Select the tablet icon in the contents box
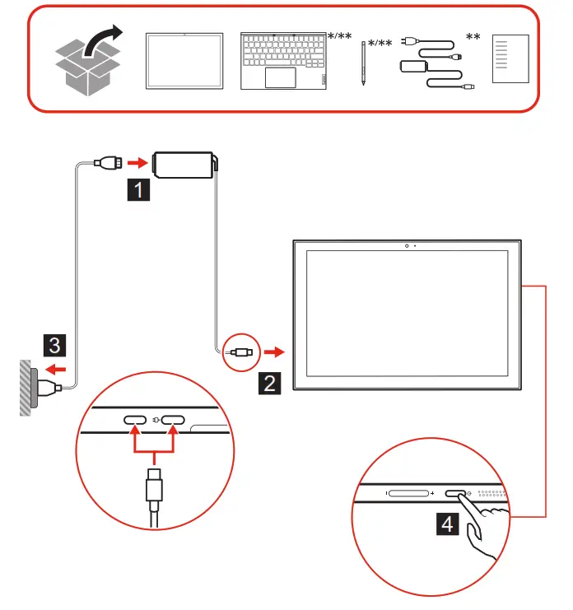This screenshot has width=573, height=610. [x=184, y=61]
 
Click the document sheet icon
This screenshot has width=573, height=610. [x=508, y=59]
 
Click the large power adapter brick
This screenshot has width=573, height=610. [x=184, y=161]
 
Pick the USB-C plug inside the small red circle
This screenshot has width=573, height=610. [x=240, y=352]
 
